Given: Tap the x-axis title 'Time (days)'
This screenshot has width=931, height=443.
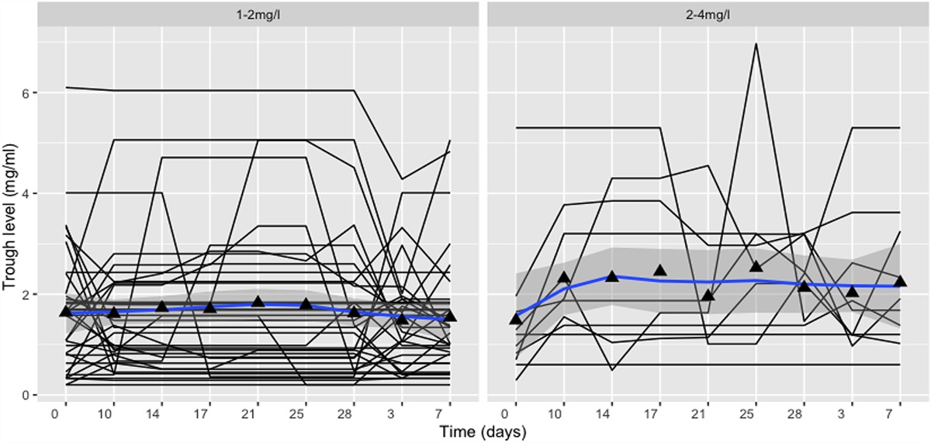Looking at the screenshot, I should coord(480,429).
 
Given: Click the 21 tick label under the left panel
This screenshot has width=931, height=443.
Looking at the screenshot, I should coord(258,410).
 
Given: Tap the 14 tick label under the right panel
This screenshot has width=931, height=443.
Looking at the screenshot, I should coord(612,410).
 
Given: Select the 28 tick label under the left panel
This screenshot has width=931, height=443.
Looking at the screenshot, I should coord(354,410).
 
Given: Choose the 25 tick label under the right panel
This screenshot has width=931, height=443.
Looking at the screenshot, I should coord(756,410).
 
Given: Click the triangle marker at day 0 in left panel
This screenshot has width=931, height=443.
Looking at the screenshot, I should coord(66,311).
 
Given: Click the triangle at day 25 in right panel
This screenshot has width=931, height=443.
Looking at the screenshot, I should coord(756,266).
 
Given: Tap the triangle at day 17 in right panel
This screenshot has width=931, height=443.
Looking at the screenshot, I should coord(660,270).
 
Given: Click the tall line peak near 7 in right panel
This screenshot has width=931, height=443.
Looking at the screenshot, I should coord(756,43).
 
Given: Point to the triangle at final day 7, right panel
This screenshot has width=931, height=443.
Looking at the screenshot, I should coord(900,281).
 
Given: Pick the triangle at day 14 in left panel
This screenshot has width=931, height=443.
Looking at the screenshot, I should coord(161,306).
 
